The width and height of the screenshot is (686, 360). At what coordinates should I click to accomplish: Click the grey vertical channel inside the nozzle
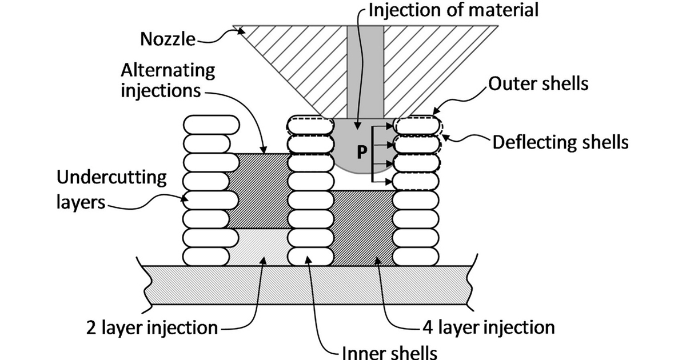point(365,69)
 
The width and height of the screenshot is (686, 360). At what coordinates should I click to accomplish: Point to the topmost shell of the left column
point(210,125)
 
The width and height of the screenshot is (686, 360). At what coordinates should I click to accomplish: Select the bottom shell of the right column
point(417,255)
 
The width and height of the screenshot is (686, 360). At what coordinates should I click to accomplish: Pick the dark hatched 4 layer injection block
point(363,229)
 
